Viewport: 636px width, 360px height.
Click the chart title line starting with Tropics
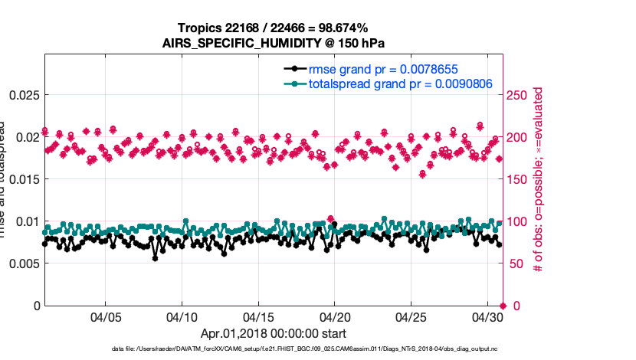pos(272,28)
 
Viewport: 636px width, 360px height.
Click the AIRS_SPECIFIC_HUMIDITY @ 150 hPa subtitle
pos(272,42)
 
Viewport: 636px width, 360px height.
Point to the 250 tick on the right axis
pos(520,95)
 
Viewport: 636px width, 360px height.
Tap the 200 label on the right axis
pos(520,137)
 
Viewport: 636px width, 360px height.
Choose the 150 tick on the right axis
pos(520,179)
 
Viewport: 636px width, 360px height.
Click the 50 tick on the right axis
pos(517,263)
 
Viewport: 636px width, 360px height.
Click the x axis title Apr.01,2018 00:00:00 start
pos(273,334)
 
